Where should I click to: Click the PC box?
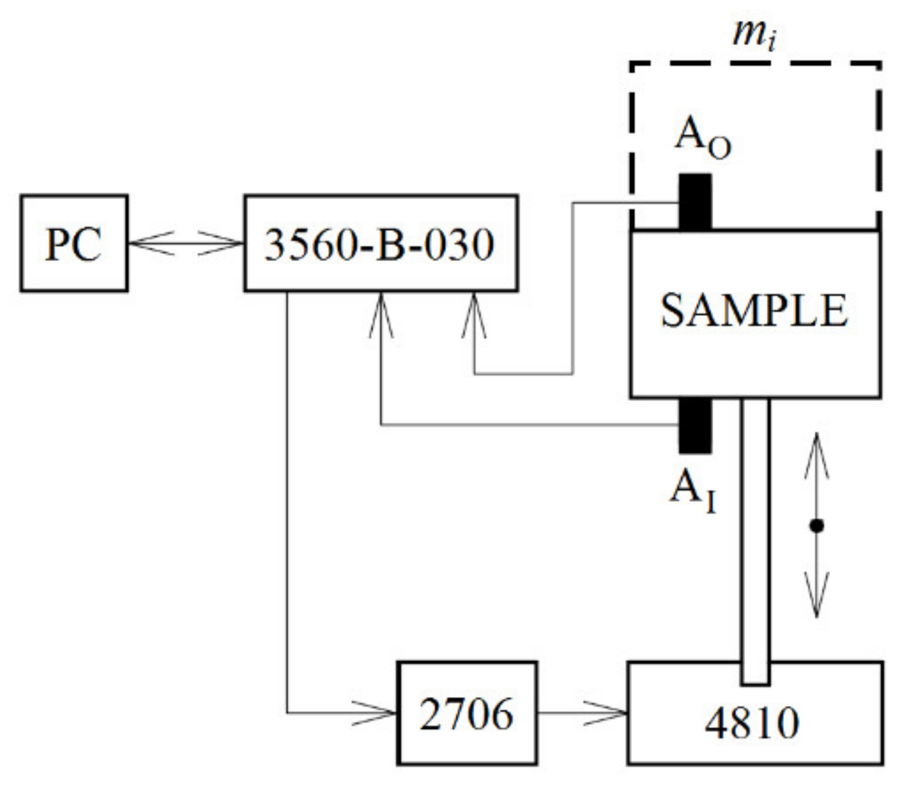coord(74,243)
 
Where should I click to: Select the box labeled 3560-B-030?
coord(381,243)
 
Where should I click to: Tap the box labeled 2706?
coord(467,713)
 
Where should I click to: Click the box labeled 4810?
coord(755,721)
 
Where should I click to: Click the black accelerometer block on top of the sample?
coord(695,201)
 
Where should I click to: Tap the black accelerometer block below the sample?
coord(695,426)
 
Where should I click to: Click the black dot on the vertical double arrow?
coord(816,525)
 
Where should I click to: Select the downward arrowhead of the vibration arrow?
coord(816,597)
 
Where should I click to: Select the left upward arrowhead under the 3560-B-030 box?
coord(381,313)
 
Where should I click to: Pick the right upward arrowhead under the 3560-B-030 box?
coord(474,313)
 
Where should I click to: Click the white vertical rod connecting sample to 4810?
coord(755,542)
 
